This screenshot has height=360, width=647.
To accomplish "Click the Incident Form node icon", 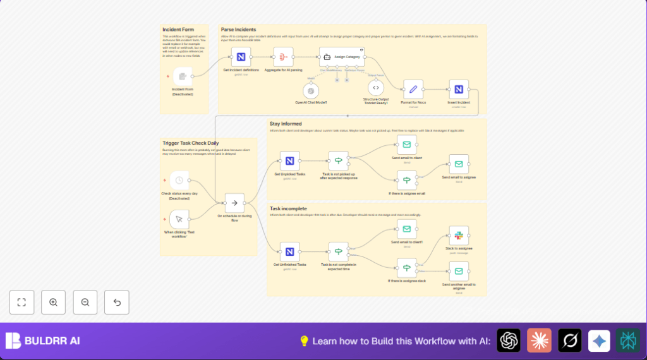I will click(183, 76).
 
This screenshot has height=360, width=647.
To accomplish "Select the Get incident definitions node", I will click(241, 57).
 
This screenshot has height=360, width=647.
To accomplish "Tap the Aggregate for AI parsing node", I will click(283, 57).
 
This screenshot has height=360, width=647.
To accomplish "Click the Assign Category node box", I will click(342, 57).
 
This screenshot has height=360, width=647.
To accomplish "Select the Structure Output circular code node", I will click(376, 88).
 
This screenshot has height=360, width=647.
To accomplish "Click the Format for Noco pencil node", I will click(414, 89).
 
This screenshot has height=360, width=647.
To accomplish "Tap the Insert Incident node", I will click(459, 89).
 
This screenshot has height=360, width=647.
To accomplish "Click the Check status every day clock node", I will click(179, 180).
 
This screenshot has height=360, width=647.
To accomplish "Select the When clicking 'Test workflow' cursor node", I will click(179, 219).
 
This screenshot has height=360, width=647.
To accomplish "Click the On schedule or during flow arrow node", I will click(234, 203).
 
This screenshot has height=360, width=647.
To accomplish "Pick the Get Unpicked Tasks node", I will click(290, 160).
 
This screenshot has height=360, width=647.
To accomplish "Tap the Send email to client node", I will click(407, 145).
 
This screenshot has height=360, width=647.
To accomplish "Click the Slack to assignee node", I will click(459, 236).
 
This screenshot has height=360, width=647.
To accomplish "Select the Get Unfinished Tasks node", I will click(290, 251).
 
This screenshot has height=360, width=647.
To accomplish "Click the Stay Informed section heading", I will click(286, 124).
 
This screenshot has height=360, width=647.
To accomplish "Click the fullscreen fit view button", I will click(21, 303).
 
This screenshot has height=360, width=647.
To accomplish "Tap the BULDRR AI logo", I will click(43, 341).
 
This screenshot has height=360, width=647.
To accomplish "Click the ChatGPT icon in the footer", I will click(509, 341).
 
